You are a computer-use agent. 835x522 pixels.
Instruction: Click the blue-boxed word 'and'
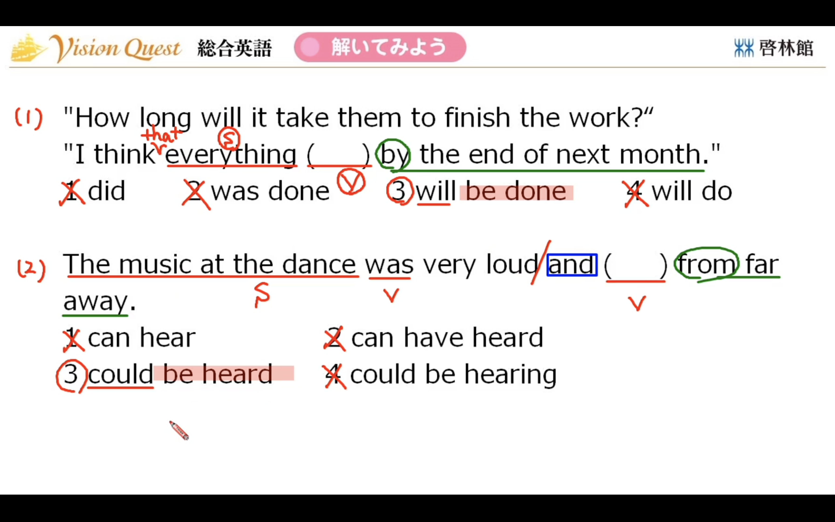coord(572,265)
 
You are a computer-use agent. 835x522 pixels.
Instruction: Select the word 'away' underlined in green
coord(96,302)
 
